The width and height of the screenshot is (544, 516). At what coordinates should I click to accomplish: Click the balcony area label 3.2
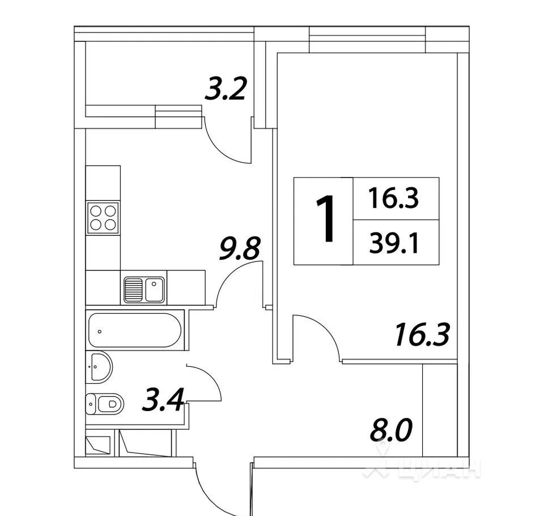[226, 89]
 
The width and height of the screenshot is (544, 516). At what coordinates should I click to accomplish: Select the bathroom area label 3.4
[163, 400]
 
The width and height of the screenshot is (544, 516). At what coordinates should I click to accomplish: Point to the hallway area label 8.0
[391, 430]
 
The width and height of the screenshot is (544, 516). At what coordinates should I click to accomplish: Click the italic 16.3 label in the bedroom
[423, 335]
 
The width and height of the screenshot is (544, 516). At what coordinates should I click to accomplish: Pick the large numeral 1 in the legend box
[325, 218]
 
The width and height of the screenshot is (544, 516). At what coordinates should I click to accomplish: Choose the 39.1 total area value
[394, 243]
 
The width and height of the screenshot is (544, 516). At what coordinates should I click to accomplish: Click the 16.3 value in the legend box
[394, 198]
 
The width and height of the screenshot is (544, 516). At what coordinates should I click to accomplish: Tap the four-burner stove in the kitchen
[103, 218]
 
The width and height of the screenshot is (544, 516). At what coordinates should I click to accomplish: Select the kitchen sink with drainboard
[144, 290]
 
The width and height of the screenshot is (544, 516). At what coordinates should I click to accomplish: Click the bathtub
[135, 330]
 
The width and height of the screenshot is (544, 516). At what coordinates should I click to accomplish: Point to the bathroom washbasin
[99, 367]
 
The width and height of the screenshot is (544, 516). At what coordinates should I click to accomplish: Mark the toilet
[104, 404]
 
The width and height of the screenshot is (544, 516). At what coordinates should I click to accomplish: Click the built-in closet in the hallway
[440, 410]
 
